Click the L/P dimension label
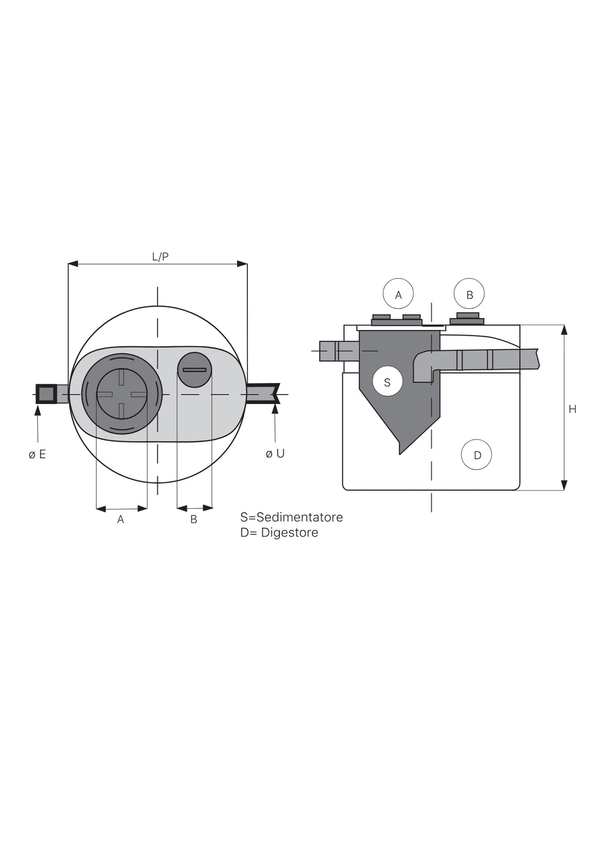click(160, 257)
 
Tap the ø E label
click(37, 454)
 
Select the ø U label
click(275, 454)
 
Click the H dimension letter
click(573, 409)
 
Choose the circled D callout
click(477, 455)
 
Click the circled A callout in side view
click(398, 295)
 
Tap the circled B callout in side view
click(469, 295)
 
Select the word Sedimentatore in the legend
click(300, 517)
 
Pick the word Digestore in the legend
click(289, 532)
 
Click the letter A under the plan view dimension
click(120, 519)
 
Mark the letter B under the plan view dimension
click(194, 519)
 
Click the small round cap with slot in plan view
click(194, 369)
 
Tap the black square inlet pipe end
click(46, 394)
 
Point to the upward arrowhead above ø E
click(38, 408)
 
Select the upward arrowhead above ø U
click(274, 408)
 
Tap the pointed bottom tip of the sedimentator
click(400, 453)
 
